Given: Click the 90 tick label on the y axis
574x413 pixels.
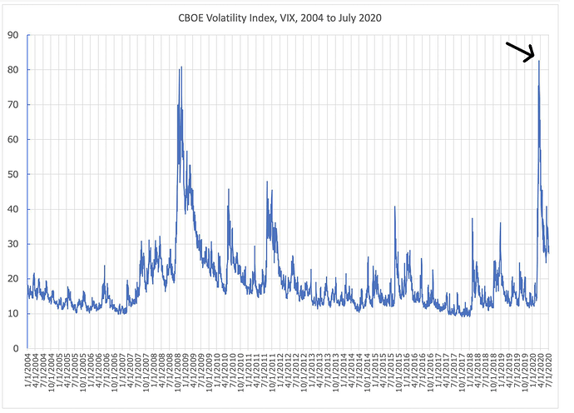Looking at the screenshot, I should [x=13, y=35].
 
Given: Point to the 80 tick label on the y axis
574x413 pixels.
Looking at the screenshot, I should [x=13, y=70].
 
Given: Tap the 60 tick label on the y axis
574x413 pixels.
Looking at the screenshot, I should [x=13, y=139].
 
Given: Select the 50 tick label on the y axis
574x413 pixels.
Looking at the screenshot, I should [x=13, y=174].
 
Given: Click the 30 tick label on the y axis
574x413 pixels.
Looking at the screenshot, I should [x=13, y=243].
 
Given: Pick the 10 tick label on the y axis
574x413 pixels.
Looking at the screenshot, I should [x=13, y=313].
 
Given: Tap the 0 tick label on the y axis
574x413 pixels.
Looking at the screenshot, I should [x=17, y=348].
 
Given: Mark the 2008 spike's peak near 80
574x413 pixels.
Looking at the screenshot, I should [x=181, y=67].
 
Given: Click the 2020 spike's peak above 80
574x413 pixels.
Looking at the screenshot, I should [x=538, y=61].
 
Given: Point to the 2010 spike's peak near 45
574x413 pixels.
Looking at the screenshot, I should [x=229, y=190].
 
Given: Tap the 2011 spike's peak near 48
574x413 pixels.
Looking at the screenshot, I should [x=267, y=182].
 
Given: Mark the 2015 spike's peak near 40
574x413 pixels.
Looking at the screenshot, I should [x=394, y=206].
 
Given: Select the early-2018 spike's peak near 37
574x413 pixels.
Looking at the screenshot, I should [x=472, y=219].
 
